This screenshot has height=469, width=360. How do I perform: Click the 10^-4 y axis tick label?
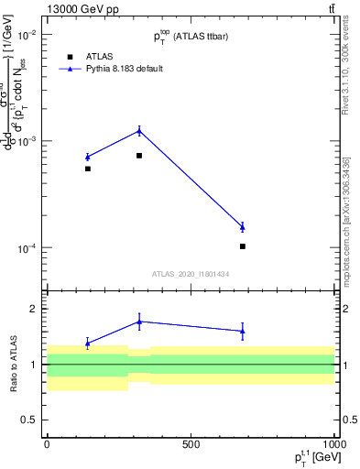(x=25, y=248)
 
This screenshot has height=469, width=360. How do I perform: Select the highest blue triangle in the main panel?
(x=139, y=130)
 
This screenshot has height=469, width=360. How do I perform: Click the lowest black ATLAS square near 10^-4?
(x=243, y=246)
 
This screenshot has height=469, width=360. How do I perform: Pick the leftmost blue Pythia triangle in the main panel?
(x=88, y=157)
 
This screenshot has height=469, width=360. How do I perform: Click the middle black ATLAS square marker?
(x=139, y=156)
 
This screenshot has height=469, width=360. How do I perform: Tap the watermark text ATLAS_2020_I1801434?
(x=191, y=274)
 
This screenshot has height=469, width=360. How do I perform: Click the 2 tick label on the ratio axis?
(x=34, y=309)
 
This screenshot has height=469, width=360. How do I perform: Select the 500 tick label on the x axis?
(x=191, y=444)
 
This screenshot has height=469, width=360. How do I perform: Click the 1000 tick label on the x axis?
(x=332, y=444)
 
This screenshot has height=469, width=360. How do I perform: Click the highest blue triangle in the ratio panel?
(x=139, y=322)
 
